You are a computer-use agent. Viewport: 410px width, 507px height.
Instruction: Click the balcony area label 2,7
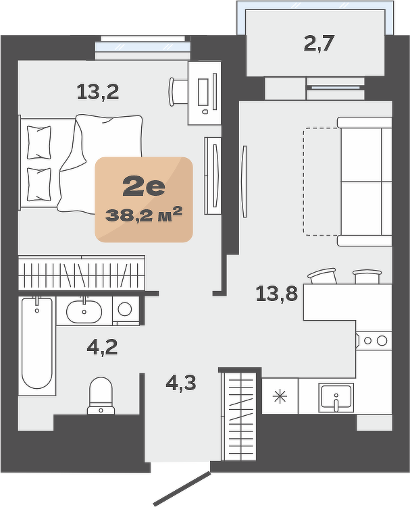coord(319,44)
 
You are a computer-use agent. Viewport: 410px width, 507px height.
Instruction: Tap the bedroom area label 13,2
coord(98,92)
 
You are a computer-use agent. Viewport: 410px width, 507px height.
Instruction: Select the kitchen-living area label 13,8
coord(277,294)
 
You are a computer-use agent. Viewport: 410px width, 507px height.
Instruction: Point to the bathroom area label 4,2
coord(102,347)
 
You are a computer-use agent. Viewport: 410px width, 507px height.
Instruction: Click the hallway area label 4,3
coord(181,383)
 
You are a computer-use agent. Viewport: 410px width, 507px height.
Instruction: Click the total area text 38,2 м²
coord(144,215)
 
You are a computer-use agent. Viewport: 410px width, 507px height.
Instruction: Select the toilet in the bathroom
coord(101,396)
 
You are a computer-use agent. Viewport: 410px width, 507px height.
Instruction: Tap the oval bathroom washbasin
coord(84,312)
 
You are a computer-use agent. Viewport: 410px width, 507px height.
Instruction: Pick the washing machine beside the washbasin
coord(126,311)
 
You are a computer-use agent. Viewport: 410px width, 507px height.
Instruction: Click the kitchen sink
coord(336,398)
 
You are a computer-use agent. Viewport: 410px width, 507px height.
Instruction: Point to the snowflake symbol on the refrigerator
coord(280,397)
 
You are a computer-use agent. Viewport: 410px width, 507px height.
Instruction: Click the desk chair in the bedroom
coord(178,92)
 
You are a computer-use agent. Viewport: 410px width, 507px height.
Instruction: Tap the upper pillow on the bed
coord(39,142)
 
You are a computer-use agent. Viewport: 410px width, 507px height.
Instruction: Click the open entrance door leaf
coord(182,489)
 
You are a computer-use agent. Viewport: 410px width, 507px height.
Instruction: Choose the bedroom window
coord(143,47)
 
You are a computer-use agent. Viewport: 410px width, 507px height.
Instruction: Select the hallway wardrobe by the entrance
coord(239,417)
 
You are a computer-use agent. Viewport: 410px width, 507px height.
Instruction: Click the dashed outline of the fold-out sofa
coord(322,182)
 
